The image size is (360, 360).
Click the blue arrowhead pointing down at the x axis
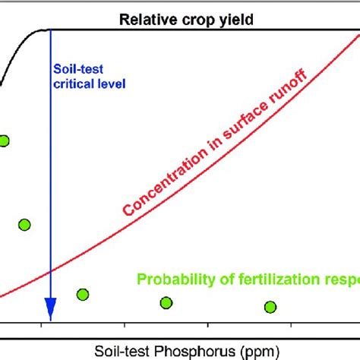tap(50, 310)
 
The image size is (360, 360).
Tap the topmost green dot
tap(4, 141)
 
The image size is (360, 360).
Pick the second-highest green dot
tap(24, 224)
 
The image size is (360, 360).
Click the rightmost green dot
tap(270, 307)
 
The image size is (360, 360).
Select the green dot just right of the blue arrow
tap(83, 295)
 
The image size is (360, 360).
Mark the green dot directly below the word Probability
tap(166, 303)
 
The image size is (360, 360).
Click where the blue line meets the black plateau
tap(50, 30)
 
